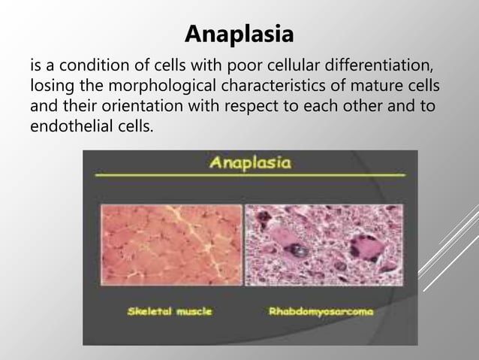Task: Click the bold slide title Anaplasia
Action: pos(239,35)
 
